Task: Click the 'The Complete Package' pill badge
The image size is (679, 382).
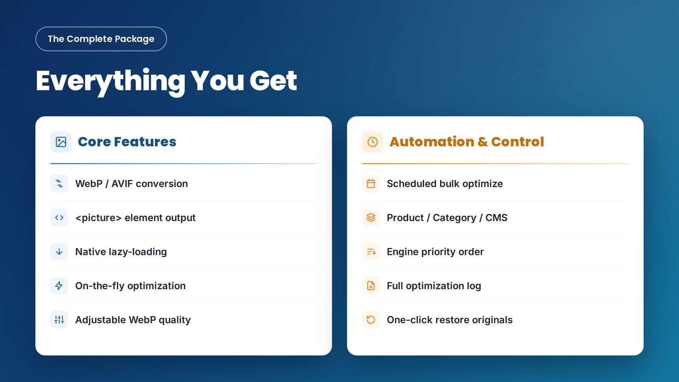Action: [101, 39]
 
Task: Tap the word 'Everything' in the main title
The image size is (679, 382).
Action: [110, 81]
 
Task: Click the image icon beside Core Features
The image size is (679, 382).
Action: [61, 142]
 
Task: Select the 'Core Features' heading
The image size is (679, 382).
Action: [127, 142]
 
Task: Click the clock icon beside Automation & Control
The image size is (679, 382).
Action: [373, 142]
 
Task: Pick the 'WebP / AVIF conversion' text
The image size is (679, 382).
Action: [132, 184]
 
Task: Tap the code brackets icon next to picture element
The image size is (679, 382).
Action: [59, 218]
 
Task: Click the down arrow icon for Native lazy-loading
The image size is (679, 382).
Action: [59, 252]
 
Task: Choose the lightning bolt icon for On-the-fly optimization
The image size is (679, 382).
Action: [59, 286]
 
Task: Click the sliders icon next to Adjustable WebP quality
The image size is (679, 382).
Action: [59, 320]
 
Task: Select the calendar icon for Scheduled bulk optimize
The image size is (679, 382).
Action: [371, 184]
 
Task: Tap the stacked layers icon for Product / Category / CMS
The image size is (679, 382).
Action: [371, 218]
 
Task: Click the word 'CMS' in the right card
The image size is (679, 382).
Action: [496, 218]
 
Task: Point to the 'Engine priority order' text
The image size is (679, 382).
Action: [435, 252]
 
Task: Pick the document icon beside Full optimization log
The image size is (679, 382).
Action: [371, 286]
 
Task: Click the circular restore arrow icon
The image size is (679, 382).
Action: [371, 320]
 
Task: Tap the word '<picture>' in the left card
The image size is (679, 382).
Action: [98, 218]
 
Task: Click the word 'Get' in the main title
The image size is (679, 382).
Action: [273, 81]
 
